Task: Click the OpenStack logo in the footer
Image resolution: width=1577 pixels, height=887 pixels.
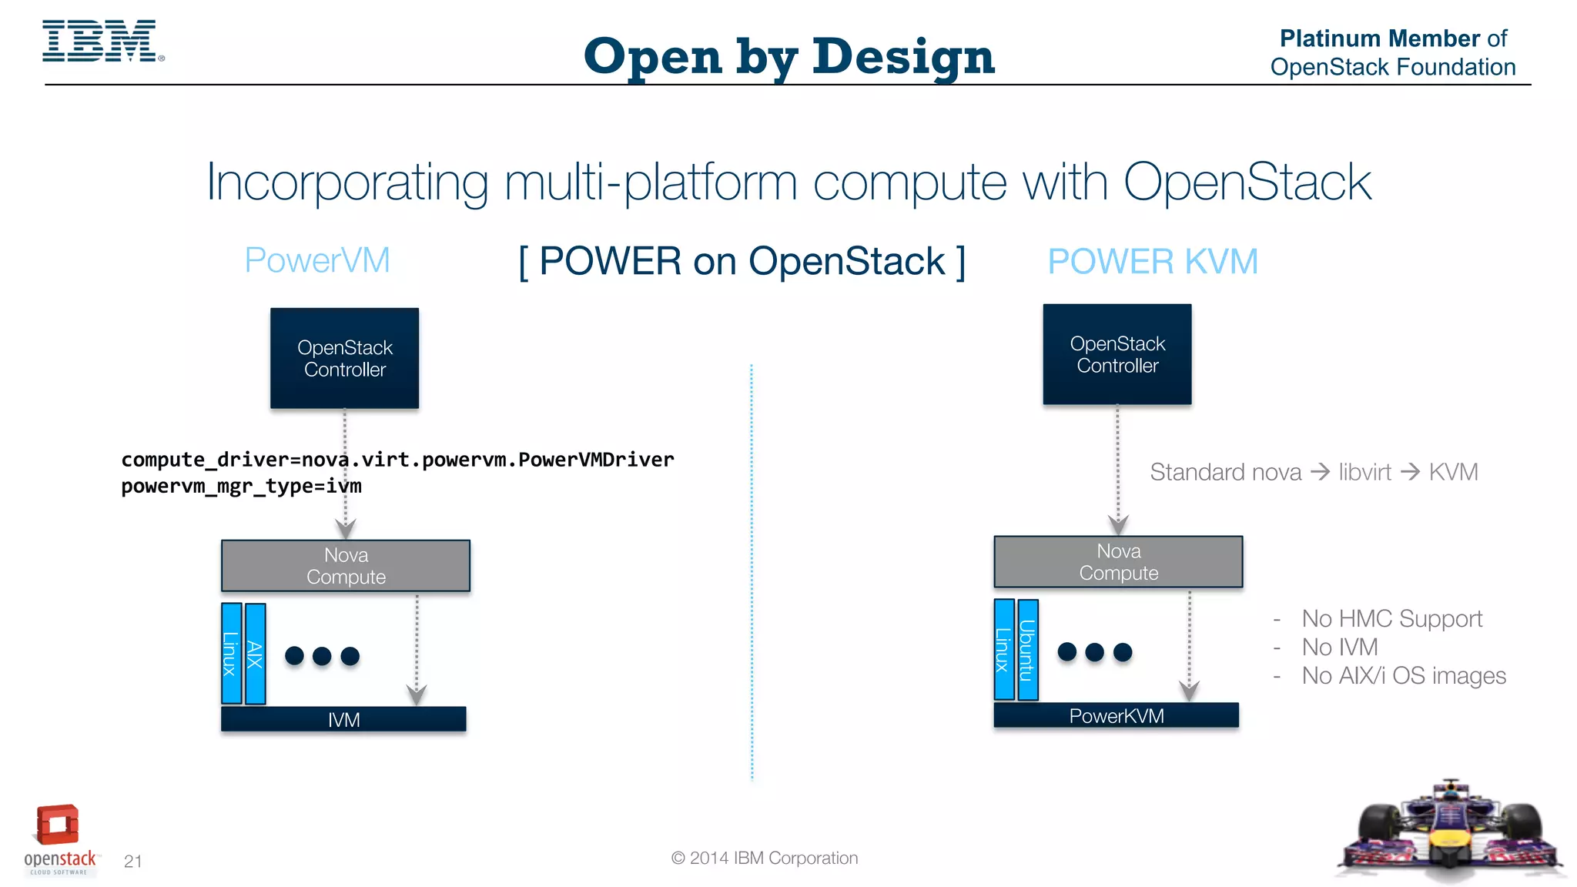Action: point(59,839)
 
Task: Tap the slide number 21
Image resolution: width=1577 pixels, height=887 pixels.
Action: point(132,861)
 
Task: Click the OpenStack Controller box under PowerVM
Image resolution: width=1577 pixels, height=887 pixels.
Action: point(344,358)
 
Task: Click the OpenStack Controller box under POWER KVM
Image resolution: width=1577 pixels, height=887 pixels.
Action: point(1117,354)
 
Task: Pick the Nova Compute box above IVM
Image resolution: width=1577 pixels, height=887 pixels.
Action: point(346,566)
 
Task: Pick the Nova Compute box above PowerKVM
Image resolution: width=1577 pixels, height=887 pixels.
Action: point(1118,562)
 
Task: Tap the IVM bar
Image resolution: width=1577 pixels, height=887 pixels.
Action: point(343,719)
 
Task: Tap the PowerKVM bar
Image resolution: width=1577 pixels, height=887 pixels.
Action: point(1116,715)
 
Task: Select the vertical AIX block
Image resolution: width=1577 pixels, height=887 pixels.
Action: point(256,654)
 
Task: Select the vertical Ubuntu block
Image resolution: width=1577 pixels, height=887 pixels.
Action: point(1027,650)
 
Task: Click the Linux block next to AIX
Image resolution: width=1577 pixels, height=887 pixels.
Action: point(231,654)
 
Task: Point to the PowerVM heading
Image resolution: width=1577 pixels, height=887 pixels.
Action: point(317,260)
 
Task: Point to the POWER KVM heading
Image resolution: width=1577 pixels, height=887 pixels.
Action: point(1152,262)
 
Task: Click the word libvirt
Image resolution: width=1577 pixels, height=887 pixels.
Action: point(1364,472)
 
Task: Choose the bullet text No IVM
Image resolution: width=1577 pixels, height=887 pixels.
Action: point(1339,647)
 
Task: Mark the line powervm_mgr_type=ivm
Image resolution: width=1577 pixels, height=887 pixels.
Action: point(241,487)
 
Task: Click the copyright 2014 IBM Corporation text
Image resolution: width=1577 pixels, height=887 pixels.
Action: point(764,858)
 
